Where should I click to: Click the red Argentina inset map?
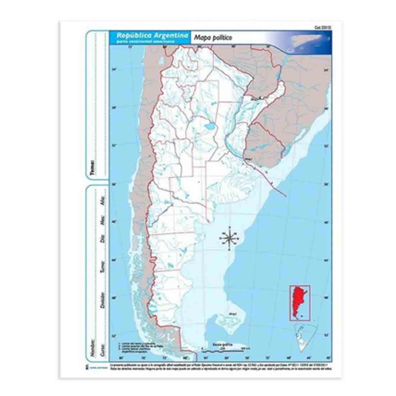click(300, 303)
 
